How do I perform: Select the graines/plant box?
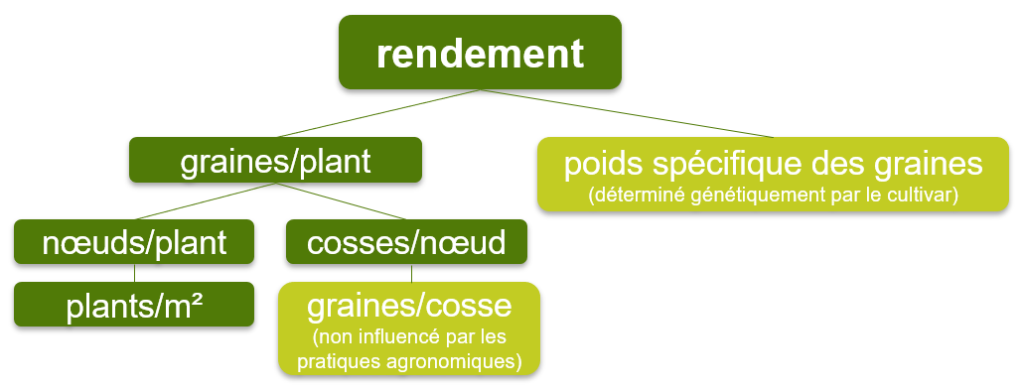click(275, 160)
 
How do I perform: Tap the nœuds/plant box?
click(134, 241)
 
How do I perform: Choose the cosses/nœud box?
click(406, 241)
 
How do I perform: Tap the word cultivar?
click(919, 196)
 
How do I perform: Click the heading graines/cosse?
click(409, 304)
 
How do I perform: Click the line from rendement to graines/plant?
click(377, 113)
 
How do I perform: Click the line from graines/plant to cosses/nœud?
click(338, 201)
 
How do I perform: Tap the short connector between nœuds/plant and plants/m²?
click(134, 274)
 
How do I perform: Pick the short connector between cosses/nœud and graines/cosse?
click(411, 274)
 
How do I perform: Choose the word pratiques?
click(336, 360)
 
